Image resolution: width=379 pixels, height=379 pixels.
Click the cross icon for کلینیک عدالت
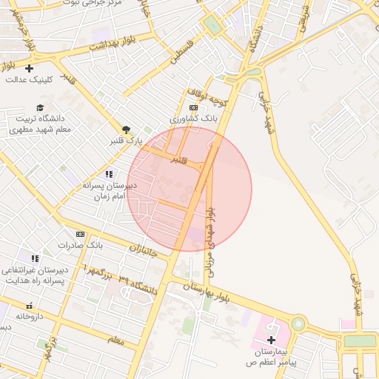pyautogui.click(x=29, y=69)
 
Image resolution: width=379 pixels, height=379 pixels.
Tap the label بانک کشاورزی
pyautogui.click(x=193, y=118)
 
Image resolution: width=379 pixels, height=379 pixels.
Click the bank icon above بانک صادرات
pyautogui.click(x=80, y=234)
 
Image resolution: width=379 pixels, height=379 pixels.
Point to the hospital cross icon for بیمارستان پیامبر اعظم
pyautogui.click(x=271, y=340)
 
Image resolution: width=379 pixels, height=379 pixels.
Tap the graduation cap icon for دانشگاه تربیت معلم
pyautogui.click(x=39, y=108)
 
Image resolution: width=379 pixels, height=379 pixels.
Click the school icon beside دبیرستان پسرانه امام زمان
pyautogui.click(x=109, y=174)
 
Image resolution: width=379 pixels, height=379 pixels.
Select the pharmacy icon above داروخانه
pyautogui.click(x=29, y=306)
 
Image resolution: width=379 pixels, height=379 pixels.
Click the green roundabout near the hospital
pyautogui.click(x=298, y=323)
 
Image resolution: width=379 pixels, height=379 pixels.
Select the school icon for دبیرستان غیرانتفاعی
pyautogui.click(x=35, y=258)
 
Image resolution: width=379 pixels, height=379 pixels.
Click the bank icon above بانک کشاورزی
pyautogui.click(x=194, y=107)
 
